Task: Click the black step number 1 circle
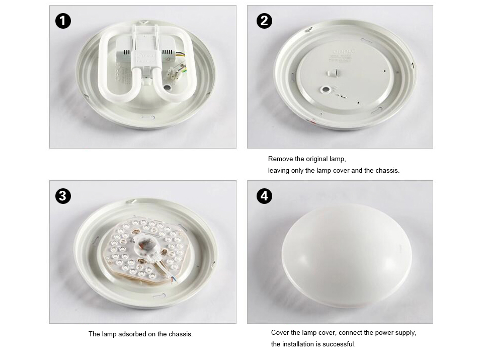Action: [x=63, y=21]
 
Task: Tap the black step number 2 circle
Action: [x=264, y=21]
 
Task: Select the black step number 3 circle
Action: [x=63, y=196]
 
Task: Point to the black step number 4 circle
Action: [x=264, y=196]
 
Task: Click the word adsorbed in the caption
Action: [x=130, y=334]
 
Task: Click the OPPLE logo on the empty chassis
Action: [x=344, y=51]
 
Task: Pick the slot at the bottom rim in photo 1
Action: [x=148, y=117]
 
